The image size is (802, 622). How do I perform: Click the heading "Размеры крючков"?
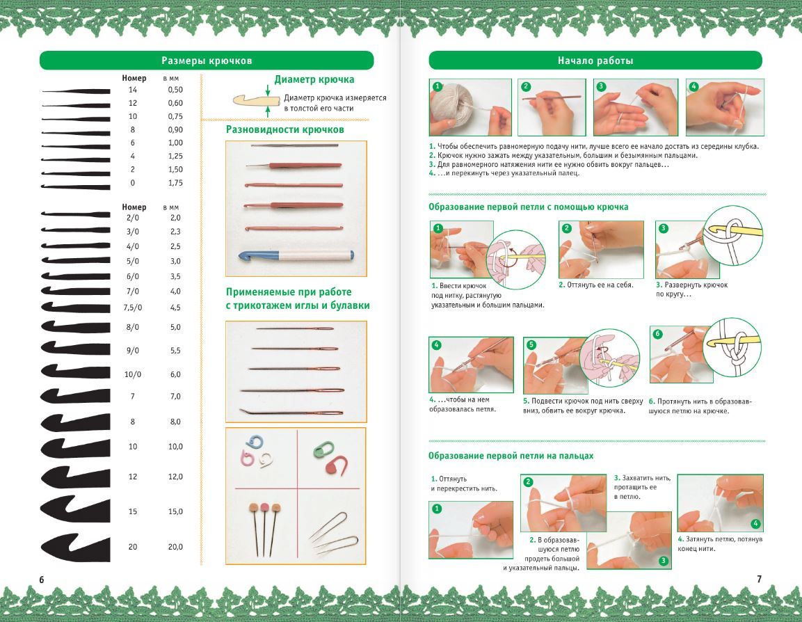point(207,61)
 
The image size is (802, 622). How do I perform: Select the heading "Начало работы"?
point(595,61)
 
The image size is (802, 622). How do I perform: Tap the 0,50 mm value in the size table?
point(175,90)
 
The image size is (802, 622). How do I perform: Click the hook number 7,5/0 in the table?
point(132,308)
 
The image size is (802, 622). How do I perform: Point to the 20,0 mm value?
point(175,547)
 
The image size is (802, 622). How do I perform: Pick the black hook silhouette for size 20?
point(76,548)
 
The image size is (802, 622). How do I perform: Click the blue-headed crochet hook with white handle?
point(296,255)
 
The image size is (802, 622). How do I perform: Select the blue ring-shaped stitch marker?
point(254,443)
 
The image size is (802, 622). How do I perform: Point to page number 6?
point(42,579)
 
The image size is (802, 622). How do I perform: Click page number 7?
point(759,579)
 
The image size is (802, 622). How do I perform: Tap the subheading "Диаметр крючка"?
point(314,79)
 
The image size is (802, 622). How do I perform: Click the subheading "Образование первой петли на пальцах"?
point(511,456)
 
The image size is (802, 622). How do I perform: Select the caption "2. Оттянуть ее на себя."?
point(596,285)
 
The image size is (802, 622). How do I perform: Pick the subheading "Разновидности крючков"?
point(285,129)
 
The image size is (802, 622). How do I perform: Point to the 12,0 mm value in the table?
point(175,477)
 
